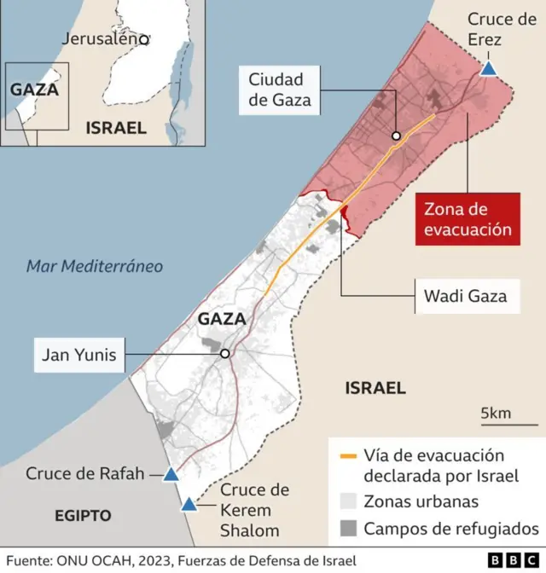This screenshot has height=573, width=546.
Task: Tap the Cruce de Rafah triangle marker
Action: (x=171, y=475)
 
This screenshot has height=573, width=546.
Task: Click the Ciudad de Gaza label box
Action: (x=279, y=91)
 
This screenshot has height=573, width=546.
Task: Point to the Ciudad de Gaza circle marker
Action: (x=396, y=136)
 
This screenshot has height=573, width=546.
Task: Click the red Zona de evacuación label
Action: (x=468, y=219)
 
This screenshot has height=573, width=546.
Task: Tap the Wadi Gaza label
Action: (x=465, y=296)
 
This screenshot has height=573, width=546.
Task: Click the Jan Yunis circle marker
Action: (x=224, y=353)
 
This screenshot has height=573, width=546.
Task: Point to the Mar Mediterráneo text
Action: (x=94, y=266)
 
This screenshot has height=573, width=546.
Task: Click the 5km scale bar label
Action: (x=496, y=414)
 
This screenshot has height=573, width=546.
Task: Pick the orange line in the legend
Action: (x=347, y=456)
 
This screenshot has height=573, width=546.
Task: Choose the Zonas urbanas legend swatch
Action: (x=347, y=501)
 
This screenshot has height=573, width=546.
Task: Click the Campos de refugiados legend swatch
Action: (x=347, y=529)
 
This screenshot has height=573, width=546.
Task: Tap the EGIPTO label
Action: (x=83, y=515)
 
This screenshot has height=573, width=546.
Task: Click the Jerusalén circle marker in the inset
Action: (x=145, y=39)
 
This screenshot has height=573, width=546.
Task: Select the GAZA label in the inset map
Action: (x=34, y=90)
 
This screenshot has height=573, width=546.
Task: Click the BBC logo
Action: (x=511, y=559)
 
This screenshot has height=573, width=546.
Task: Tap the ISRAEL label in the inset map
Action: (x=115, y=128)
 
